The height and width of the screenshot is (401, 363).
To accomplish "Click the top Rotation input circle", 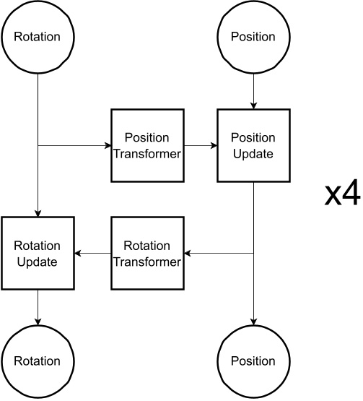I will click(37, 37).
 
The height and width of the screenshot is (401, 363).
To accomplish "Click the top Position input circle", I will click(253, 37).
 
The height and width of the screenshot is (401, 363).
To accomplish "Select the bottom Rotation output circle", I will click(37, 361).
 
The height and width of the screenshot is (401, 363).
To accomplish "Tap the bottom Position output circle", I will click(253, 361).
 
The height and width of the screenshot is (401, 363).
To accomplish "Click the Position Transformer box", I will click(146, 145).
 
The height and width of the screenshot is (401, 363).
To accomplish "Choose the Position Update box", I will click(253, 145).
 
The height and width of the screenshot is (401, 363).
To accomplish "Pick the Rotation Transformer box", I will click(146, 253).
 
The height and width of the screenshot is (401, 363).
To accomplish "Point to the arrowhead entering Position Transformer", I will click(106, 145).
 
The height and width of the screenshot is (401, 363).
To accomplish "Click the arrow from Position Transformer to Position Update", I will click(200, 145).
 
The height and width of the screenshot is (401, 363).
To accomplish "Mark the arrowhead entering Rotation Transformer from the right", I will click(187, 253).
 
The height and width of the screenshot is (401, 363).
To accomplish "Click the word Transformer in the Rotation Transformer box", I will click(146, 262).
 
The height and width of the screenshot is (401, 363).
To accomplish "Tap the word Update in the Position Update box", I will click(253, 154).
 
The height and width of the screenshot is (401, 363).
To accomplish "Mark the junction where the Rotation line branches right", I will click(37, 145).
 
